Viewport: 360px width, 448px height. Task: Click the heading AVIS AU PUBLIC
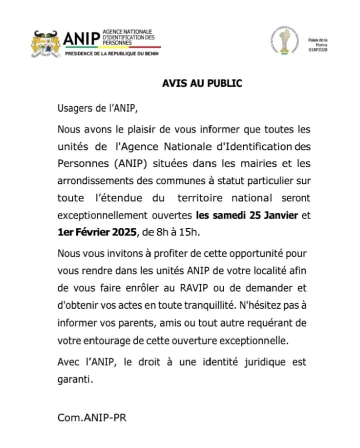coord(201,83)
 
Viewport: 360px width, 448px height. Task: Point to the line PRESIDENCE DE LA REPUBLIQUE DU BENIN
coord(112,53)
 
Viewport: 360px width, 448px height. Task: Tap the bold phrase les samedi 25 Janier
coord(247,215)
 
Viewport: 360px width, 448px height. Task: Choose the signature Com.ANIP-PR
coord(92,418)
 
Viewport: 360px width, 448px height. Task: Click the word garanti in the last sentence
coord(75,379)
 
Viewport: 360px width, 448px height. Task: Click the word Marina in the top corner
coord(321,45)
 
